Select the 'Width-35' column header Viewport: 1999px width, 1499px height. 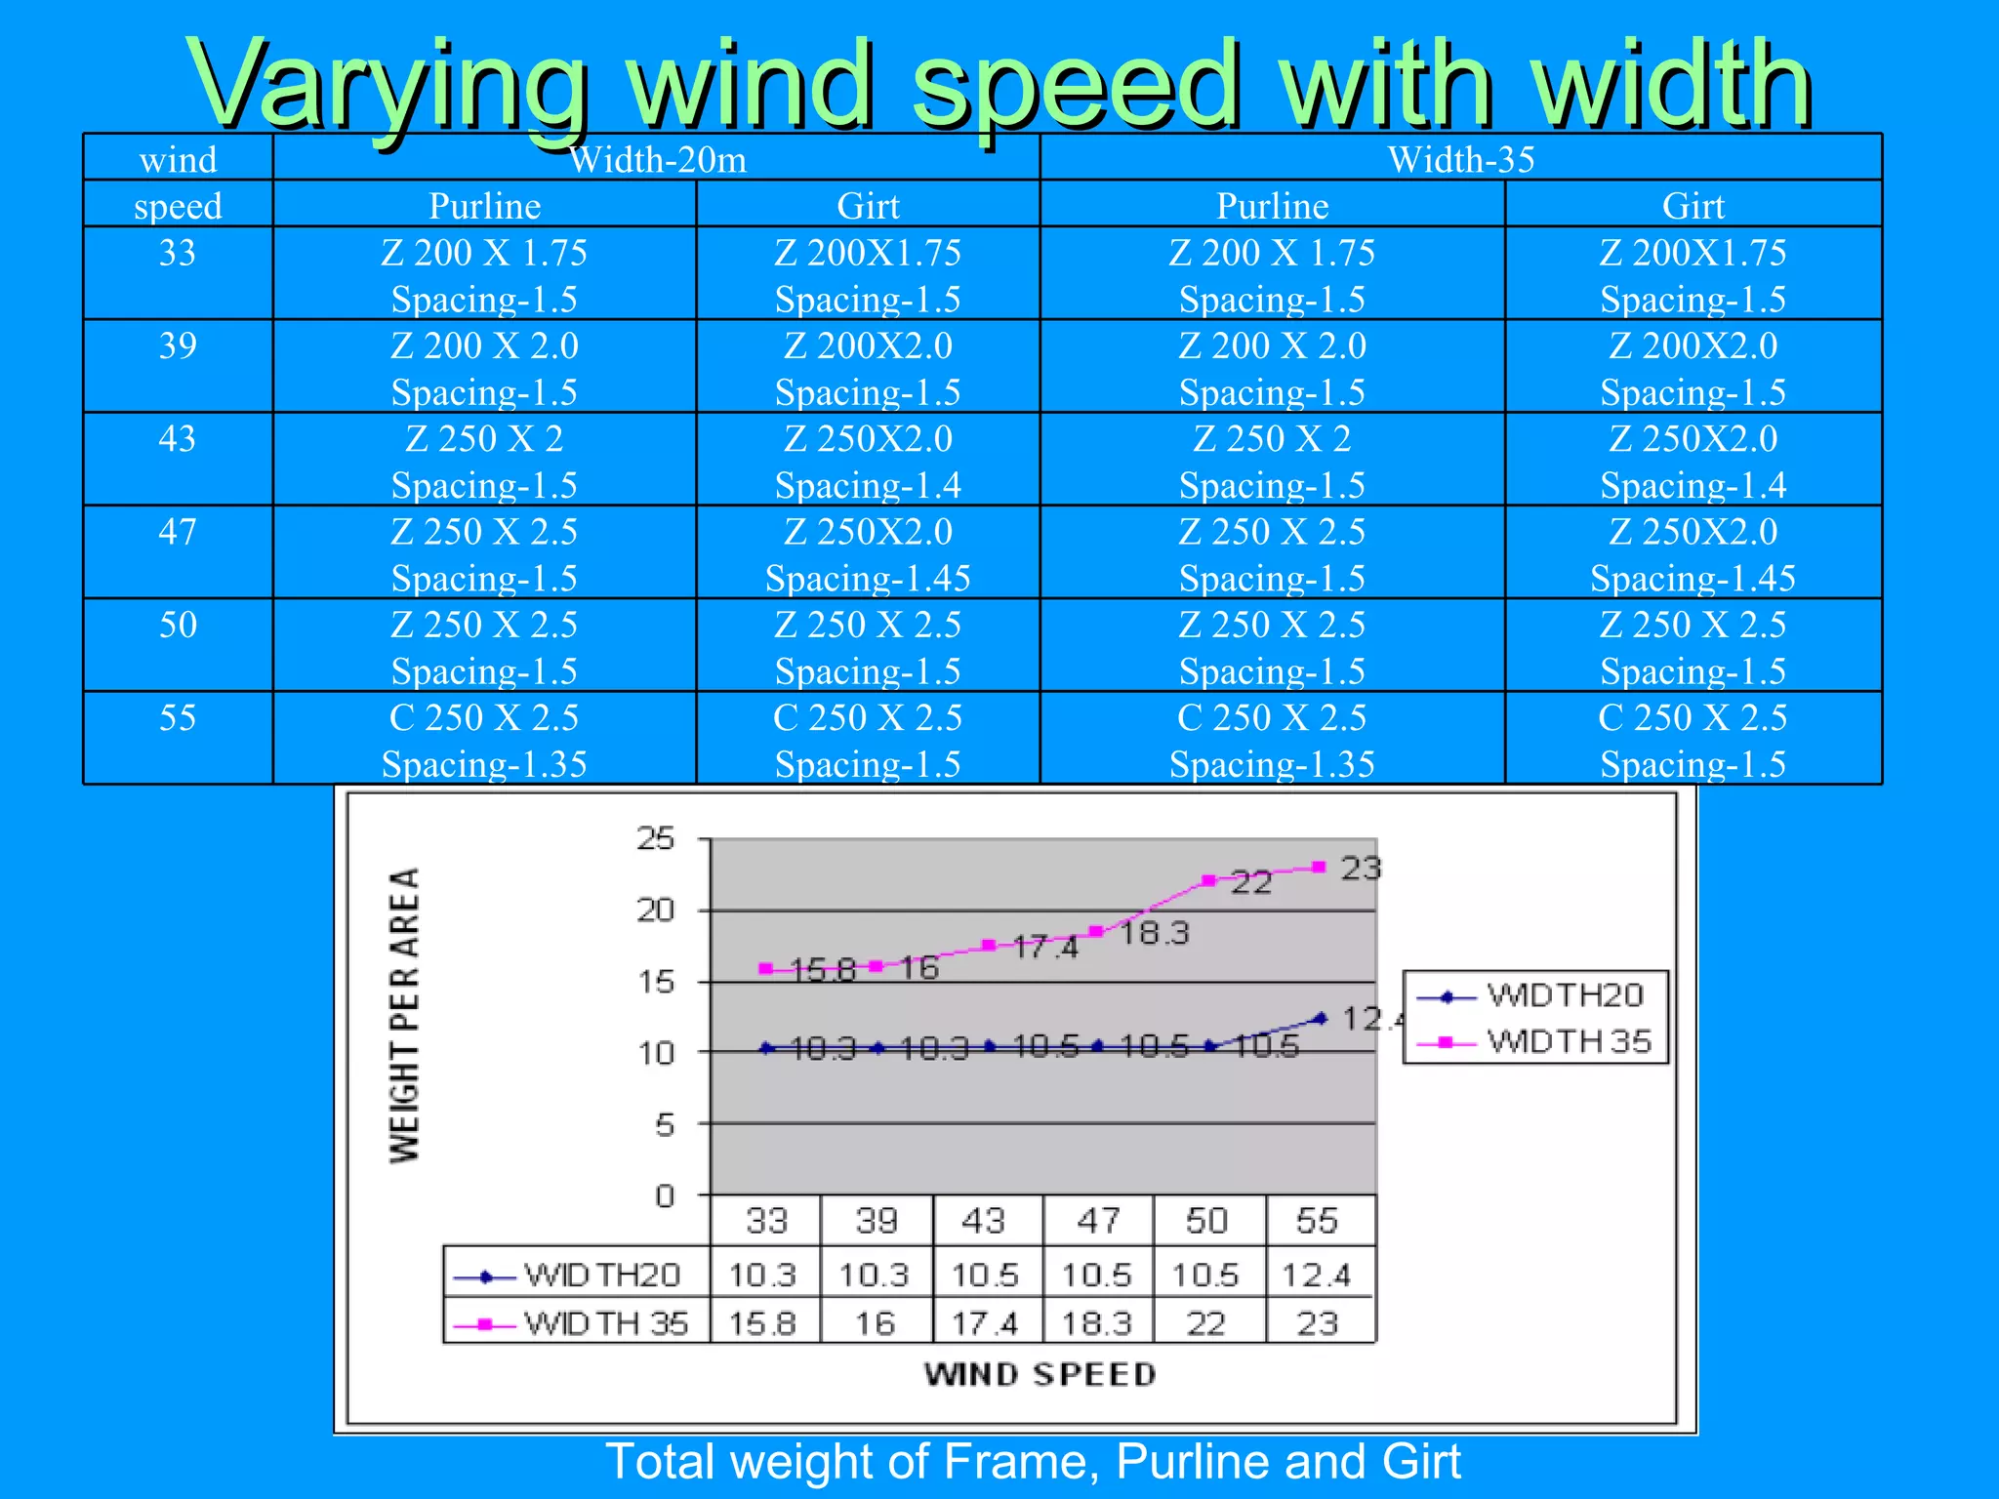(1460, 159)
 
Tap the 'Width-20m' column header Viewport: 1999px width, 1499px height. (657, 159)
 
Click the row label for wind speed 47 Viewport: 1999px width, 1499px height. (178, 532)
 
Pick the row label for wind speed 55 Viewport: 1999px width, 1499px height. (178, 718)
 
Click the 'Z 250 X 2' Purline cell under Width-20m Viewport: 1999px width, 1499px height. (484, 439)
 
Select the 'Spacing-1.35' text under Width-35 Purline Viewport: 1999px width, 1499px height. (1272, 764)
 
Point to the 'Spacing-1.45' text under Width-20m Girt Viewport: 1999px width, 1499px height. (868, 579)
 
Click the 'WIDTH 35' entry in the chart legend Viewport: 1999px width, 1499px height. (1568, 1041)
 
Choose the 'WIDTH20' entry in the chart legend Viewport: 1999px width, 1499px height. (1565, 995)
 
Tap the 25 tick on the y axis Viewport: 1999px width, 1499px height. (656, 838)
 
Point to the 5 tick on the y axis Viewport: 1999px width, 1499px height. (665, 1124)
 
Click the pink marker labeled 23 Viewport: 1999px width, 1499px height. (1319, 867)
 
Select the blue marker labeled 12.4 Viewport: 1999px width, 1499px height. (1321, 1018)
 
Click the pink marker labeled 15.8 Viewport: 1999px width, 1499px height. (766, 969)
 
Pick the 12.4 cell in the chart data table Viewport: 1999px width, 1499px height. (1316, 1275)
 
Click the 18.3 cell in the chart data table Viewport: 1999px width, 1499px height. (1096, 1323)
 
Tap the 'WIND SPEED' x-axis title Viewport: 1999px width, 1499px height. (1040, 1374)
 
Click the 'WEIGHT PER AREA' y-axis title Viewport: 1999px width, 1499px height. (404, 1015)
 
